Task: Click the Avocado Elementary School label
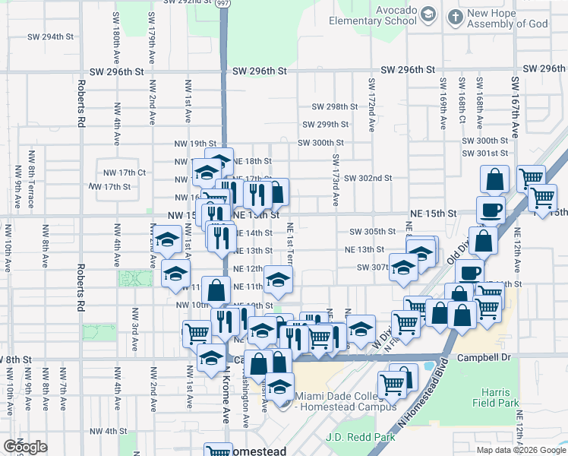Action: point(396,16)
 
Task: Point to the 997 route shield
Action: point(222,4)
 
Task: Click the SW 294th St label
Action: point(51,36)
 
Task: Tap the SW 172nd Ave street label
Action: point(371,105)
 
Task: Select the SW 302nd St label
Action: point(368,178)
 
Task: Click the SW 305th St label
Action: point(372,232)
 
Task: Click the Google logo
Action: point(25,447)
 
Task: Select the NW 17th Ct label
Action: point(125,173)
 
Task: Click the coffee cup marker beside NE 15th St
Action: point(490,209)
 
